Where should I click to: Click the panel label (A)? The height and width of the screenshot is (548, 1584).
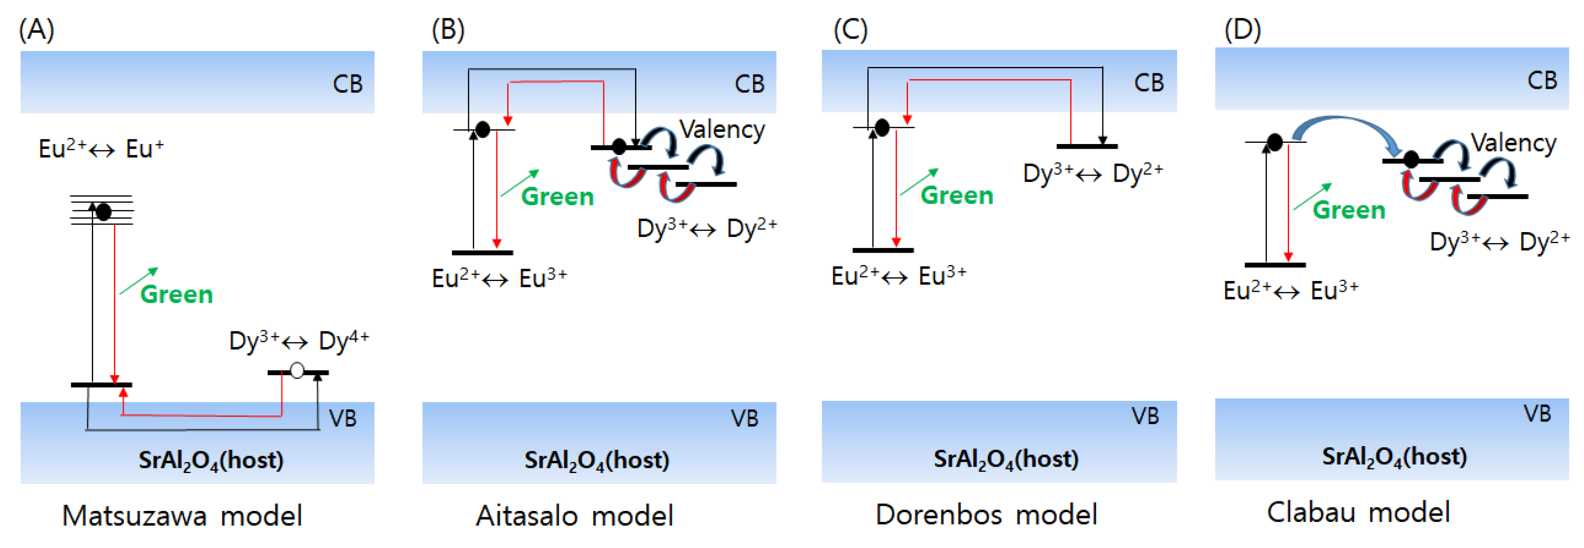pyautogui.click(x=36, y=29)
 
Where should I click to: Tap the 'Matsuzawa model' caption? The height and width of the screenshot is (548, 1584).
pyautogui.click(x=182, y=516)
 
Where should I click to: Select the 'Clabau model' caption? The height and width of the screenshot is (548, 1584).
pyautogui.click(x=1358, y=512)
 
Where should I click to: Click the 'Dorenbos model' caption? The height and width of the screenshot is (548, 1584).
pyautogui.click(x=986, y=514)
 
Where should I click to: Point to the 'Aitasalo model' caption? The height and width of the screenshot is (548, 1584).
pyautogui.click(x=574, y=516)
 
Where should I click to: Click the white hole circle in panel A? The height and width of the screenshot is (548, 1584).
pyautogui.click(x=297, y=370)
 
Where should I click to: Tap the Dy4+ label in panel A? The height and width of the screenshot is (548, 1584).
pyautogui.click(x=344, y=340)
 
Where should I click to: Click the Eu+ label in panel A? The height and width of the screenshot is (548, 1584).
pyautogui.click(x=145, y=149)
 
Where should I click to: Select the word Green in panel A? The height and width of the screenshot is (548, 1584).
pyautogui.click(x=177, y=294)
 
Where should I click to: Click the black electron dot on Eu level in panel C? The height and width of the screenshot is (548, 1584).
pyautogui.click(x=882, y=128)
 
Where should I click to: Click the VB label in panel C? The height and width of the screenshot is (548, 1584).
pyautogui.click(x=1145, y=416)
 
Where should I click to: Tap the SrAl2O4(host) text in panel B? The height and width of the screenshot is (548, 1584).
pyautogui.click(x=596, y=460)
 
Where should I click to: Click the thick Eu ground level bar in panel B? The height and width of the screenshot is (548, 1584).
pyautogui.click(x=482, y=252)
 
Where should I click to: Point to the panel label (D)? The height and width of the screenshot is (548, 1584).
pyautogui.click(x=1242, y=29)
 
